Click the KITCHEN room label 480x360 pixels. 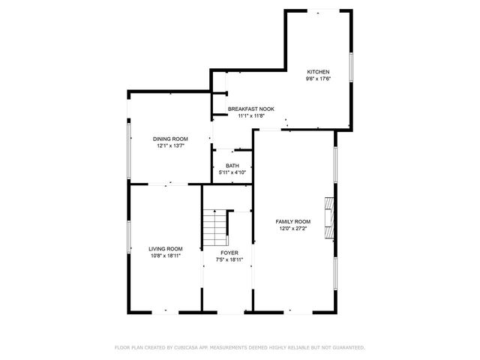(317, 72)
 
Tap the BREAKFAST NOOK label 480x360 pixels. (251, 109)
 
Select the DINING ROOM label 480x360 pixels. (170, 139)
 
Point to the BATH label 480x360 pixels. (232, 166)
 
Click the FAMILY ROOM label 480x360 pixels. (292, 222)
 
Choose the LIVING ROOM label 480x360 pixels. (165, 249)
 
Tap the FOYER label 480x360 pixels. (229, 253)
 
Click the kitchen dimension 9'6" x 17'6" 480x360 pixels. (317, 79)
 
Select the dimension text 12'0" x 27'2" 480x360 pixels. (292, 229)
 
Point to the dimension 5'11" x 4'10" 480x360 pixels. (232, 172)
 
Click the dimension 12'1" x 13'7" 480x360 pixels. (170, 145)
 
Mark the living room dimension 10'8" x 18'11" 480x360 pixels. (165, 256)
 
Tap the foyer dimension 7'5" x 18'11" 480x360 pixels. (229, 259)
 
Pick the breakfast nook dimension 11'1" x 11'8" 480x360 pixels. (251, 115)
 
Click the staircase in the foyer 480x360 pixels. (216, 227)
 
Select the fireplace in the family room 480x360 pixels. (329, 217)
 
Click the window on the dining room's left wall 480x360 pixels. (128, 149)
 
